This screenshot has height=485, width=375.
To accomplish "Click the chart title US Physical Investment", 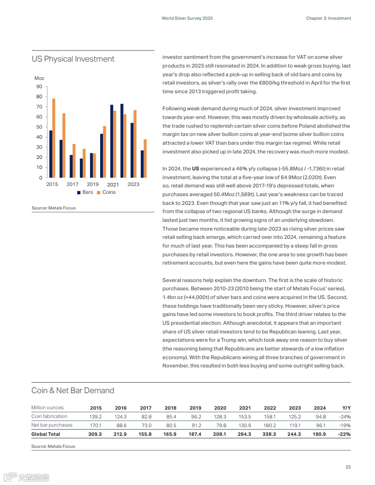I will click(x=73, y=59).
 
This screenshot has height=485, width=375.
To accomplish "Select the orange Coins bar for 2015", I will click(x=54, y=138).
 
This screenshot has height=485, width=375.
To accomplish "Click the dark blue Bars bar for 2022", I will click(x=122, y=141).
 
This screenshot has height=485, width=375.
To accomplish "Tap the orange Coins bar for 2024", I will click(x=145, y=158).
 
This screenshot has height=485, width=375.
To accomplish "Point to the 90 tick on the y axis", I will click(x=39, y=87).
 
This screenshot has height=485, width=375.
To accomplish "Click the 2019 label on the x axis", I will click(x=93, y=184).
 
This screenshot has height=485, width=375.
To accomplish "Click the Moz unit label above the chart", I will click(x=40, y=79).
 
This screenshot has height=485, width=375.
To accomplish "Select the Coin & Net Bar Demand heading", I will click(x=73, y=390).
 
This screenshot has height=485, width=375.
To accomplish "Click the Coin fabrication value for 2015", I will click(x=96, y=417).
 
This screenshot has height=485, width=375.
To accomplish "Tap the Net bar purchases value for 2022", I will click(x=270, y=425).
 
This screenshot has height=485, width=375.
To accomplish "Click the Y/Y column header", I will click(x=347, y=408).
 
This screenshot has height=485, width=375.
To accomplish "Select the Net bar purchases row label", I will click(x=52, y=425).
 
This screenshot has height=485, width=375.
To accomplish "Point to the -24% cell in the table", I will click(x=345, y=417).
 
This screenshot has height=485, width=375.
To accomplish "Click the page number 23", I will click(x=348, y=467).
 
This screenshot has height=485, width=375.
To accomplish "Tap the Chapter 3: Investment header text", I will click(x=329, y=18).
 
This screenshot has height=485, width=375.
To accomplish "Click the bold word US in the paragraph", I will click(x=195, y=169).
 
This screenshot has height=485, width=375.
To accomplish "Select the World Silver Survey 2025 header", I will click(x=187, y=18).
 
